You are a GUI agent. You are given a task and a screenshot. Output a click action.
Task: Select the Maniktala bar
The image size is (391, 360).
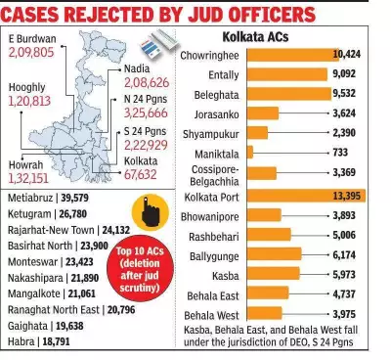click(x=250, y=152)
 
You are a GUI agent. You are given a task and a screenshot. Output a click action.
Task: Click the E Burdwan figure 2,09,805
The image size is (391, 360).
click(x=36, y=50)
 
